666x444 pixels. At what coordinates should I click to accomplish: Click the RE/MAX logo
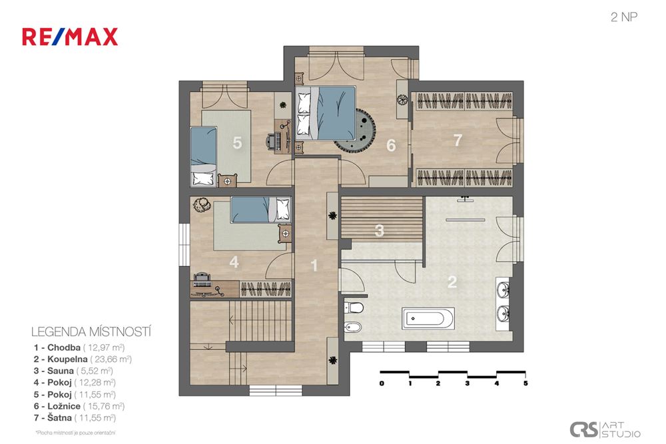70,37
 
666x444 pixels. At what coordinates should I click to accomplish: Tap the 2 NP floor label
624,17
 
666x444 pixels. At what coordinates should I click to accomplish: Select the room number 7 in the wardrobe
458,140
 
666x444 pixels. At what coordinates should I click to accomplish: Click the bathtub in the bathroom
428,318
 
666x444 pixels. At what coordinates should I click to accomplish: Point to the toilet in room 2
354,307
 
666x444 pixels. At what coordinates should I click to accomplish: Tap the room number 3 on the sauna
380,230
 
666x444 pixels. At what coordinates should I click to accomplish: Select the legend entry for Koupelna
83,359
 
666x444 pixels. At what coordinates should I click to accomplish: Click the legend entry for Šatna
75,417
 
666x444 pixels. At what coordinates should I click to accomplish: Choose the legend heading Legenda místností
91,332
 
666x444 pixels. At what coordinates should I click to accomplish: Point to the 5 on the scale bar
525,383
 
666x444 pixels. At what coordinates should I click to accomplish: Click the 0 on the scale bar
382,383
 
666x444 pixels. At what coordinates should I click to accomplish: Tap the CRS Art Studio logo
605,429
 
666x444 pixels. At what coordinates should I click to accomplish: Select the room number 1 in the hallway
314,266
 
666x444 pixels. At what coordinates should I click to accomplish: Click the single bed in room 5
203,156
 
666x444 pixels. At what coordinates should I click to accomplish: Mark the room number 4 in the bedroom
234,262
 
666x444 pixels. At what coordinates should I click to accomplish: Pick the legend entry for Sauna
73,371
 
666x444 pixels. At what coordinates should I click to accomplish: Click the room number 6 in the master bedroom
391,146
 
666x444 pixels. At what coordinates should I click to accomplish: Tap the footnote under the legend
76,433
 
